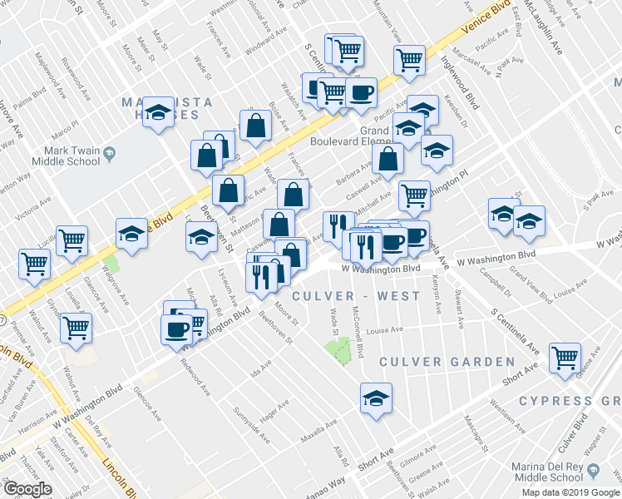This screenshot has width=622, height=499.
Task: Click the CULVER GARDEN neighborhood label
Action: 447,362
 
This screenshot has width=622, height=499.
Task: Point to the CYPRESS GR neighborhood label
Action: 570,401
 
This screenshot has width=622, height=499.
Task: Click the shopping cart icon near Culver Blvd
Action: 565,358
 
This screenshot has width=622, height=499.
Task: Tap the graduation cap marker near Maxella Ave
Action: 376,398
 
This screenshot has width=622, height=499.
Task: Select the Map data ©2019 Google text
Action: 570,492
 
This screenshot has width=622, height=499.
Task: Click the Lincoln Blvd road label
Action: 116,474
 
